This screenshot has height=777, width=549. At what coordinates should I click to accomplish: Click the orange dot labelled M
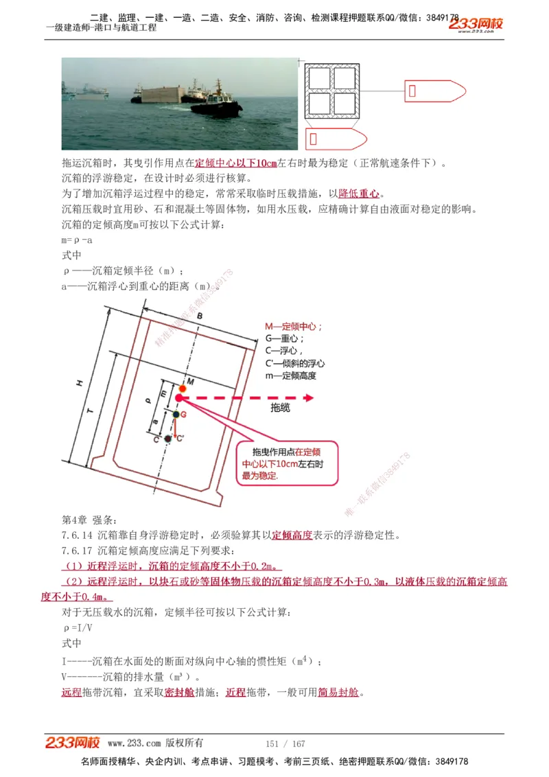[x=183, y=388]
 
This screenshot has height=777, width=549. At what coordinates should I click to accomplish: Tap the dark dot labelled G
[x=176, y=415]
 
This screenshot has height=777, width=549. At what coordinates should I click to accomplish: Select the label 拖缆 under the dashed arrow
[x=280, y=408]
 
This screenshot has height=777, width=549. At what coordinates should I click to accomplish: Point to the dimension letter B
[x=199, y=316]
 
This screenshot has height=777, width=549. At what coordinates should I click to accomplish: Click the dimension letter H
[x=80, y=383]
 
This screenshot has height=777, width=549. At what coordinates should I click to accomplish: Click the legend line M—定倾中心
[x=294, y=327]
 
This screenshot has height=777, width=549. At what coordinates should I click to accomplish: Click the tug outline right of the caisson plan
[x=434, y=91]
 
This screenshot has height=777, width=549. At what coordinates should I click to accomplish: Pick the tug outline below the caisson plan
[x=337, y=139]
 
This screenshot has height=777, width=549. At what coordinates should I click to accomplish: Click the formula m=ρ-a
[x=77, y=240]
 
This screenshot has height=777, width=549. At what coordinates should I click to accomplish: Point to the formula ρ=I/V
[x=78, y=628]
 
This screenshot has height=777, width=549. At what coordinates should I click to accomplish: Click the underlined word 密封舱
[x=179, y=693]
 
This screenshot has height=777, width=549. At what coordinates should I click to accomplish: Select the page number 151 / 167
[x=285, y=743]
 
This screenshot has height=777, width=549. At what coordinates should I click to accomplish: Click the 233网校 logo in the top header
[x=476, y=25]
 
